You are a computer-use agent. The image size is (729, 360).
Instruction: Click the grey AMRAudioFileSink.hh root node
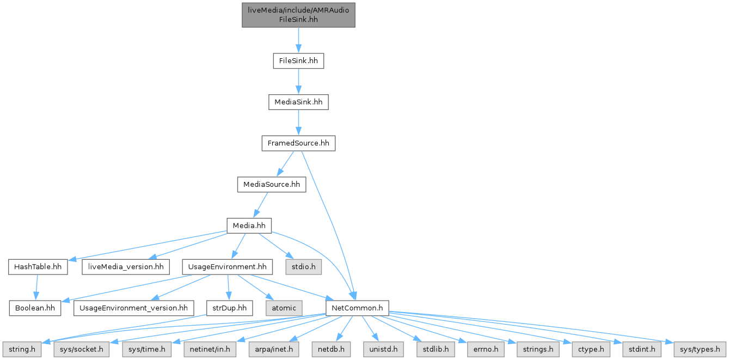(x=298, y=15)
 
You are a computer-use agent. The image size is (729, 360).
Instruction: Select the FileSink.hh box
(x=298, y=60)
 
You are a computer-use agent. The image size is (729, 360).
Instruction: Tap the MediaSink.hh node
(x=298, y=102)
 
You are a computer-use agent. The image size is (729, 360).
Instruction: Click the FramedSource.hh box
(x=298, y=143)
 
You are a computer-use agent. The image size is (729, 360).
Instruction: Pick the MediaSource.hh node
(x=271, y=185)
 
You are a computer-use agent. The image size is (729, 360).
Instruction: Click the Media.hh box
(x=249, y=225)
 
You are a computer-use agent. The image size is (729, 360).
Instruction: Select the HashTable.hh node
(x=38, y=267)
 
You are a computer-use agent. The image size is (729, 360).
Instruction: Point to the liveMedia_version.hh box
(x=125, y=267)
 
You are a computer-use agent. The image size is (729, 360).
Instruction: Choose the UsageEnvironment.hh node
(x=227, y=267)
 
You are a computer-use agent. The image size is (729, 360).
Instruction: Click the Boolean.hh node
(x=35, y=308)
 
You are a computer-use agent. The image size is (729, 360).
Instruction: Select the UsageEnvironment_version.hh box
(x=133, y=308)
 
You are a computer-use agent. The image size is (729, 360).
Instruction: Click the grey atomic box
(x=284, y=308)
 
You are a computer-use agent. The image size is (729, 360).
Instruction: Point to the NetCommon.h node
(x=357, y=308)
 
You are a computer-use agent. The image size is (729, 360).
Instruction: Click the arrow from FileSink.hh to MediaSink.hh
(x=298, y=81)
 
